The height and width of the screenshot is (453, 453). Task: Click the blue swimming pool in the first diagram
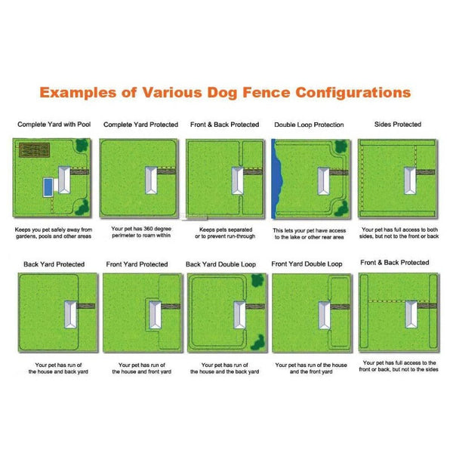click(x=48, y=185)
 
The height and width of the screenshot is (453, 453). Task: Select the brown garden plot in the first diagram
click(x=34, y=151)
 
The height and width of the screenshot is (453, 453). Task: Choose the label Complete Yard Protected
click(x=140, y=124)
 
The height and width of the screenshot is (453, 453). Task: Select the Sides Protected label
click(x=398, y=124)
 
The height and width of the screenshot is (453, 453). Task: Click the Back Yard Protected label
click(x=54, y=265)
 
